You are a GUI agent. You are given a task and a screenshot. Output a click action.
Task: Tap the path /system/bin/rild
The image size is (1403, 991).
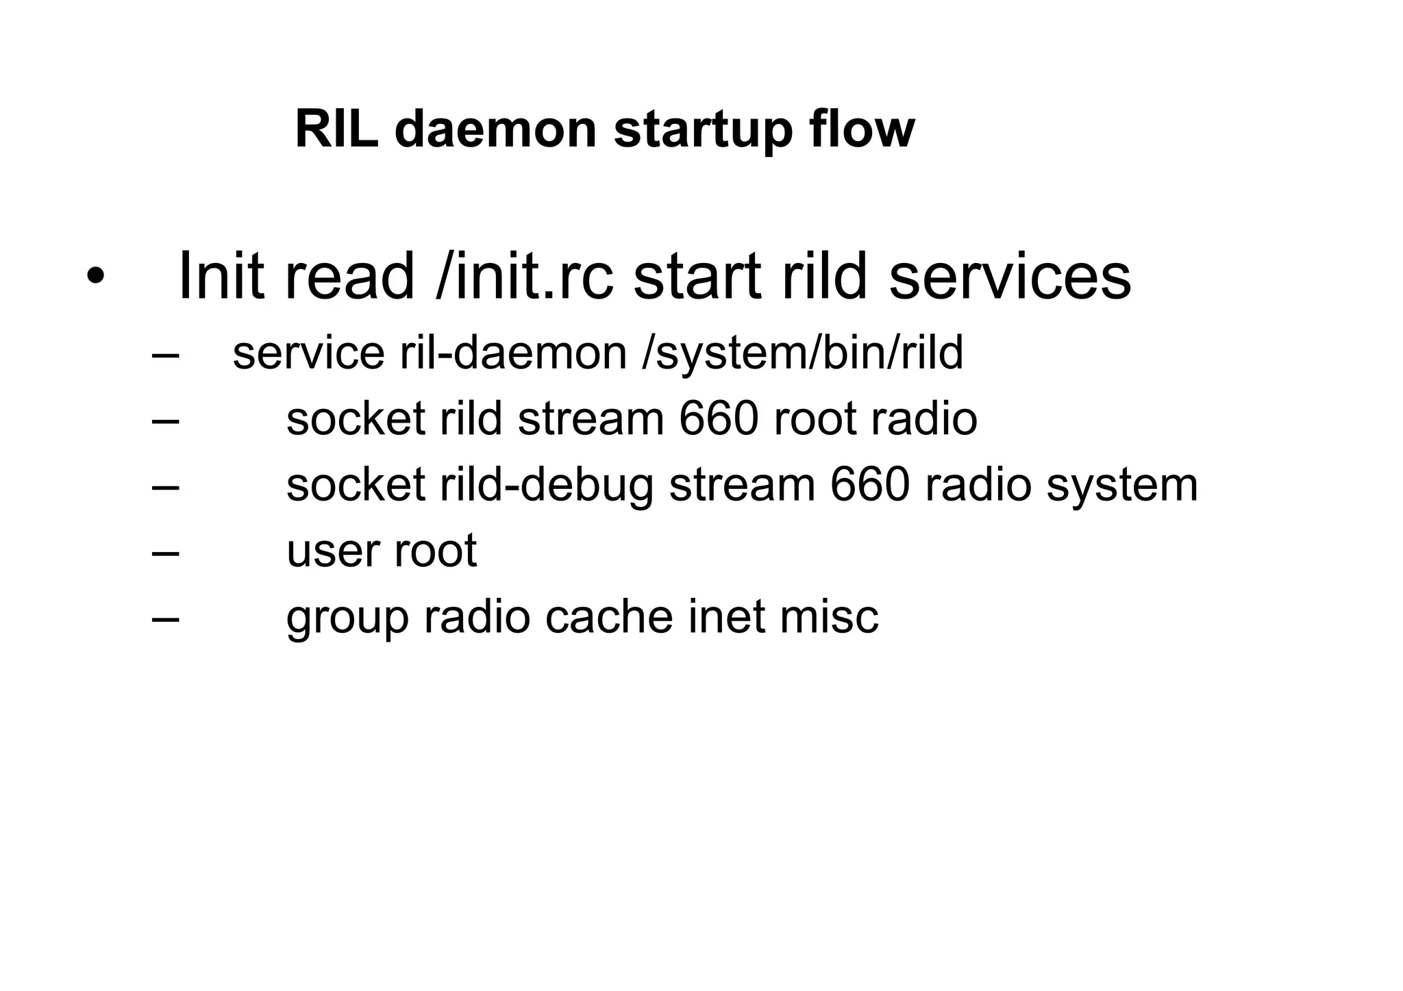[x=803, y=353]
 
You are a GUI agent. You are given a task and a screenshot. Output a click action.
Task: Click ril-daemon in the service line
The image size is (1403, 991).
[x=513, y=353]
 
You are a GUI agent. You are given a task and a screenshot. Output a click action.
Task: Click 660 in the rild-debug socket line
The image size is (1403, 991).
[x=870, y=484]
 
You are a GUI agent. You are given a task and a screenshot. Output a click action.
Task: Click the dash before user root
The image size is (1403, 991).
[x=165, y=552]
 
